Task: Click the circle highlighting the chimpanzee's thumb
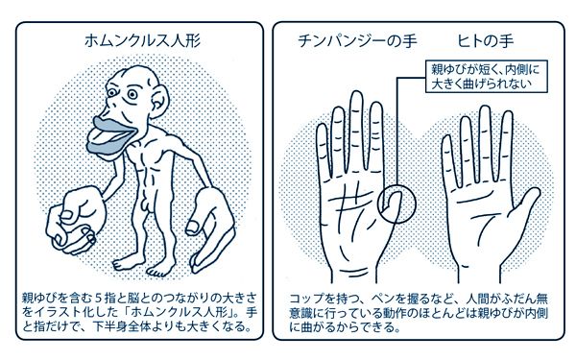pyautogui.click(x=396, y=204)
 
